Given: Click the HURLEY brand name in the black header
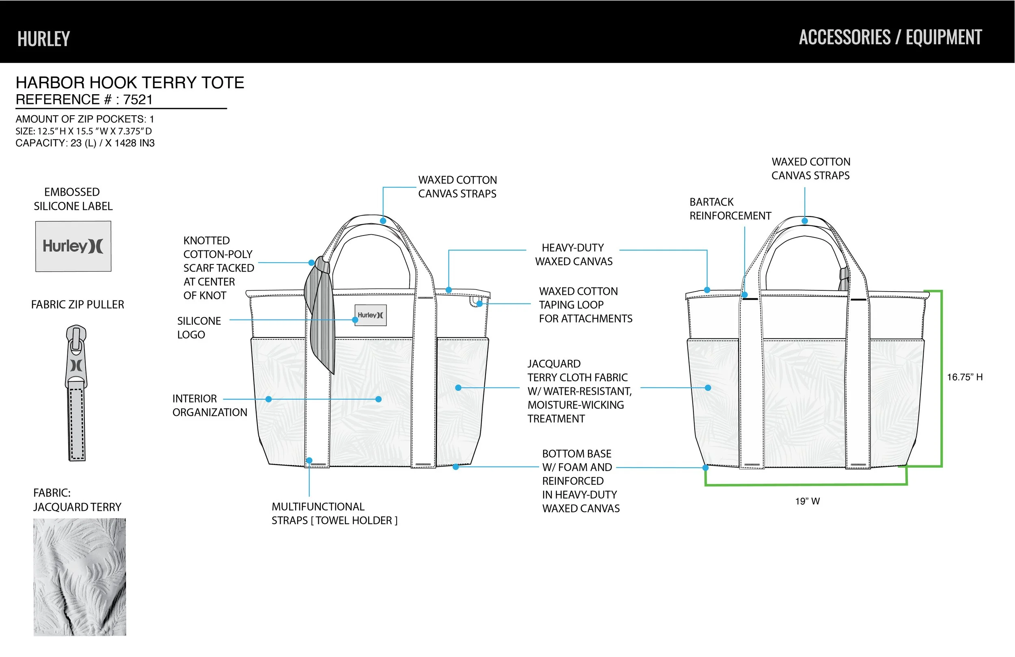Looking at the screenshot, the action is coord(43,39).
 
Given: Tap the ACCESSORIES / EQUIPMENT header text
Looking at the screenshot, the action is coord(890,37).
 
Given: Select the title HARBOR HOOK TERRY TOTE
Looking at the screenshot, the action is coord(130,82).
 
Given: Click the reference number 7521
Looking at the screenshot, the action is coord(138,99).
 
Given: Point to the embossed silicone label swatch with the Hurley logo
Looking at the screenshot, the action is coord(73,246).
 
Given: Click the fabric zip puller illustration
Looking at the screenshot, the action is coord(76,393).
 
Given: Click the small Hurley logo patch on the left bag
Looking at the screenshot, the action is coord(371,315).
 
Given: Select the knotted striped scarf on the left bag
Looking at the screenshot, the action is coord(321,316).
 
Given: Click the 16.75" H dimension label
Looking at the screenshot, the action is coord(965,377).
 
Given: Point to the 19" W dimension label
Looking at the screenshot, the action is coord(807,501).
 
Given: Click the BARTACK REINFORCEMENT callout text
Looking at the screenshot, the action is coord(730,209).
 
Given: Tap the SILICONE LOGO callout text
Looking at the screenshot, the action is coord(199,328).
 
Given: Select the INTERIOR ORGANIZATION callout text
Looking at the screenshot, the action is coord(210,405).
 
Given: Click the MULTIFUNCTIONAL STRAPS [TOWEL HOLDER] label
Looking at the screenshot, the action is coord(335,513).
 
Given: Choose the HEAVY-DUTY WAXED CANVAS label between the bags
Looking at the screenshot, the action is coord(574,254).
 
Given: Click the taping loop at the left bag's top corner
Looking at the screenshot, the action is coord(475,301).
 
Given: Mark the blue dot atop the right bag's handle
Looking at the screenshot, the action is coord(805,221).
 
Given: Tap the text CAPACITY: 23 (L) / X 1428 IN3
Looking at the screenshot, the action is coord(85,143).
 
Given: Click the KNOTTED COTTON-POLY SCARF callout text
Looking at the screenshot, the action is coord(218,268).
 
